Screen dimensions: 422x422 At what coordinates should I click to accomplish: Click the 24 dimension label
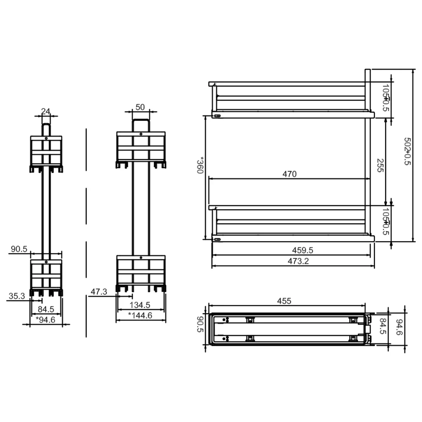tap(46, 111)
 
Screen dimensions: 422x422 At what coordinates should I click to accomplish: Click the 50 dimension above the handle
tap(140, 107)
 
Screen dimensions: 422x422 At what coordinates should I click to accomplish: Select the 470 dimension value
tap(289, 174)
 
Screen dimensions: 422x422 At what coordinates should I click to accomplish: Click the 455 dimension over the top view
tap(284, 301)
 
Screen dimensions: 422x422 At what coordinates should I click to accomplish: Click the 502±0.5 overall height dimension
tap(407, 152)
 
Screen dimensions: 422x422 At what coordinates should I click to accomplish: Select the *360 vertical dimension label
tap(201, 165)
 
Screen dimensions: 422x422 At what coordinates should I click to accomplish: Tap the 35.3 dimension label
tap(17, 295)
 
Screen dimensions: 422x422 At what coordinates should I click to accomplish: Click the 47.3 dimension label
tap(98, 292)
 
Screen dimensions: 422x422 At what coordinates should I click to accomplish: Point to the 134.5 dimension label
tap(140, 305)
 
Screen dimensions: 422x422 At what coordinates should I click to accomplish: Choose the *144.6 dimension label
tap(140, 316)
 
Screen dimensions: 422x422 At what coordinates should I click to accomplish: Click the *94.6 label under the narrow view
tap(45, 319)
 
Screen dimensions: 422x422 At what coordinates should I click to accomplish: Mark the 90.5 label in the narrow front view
tap(19, 249)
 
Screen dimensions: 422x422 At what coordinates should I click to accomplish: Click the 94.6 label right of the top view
tap(399, 328)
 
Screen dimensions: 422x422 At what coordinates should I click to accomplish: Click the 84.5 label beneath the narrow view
tap(46, 309)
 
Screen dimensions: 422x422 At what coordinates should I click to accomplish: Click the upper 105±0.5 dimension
tap(385, 98)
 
